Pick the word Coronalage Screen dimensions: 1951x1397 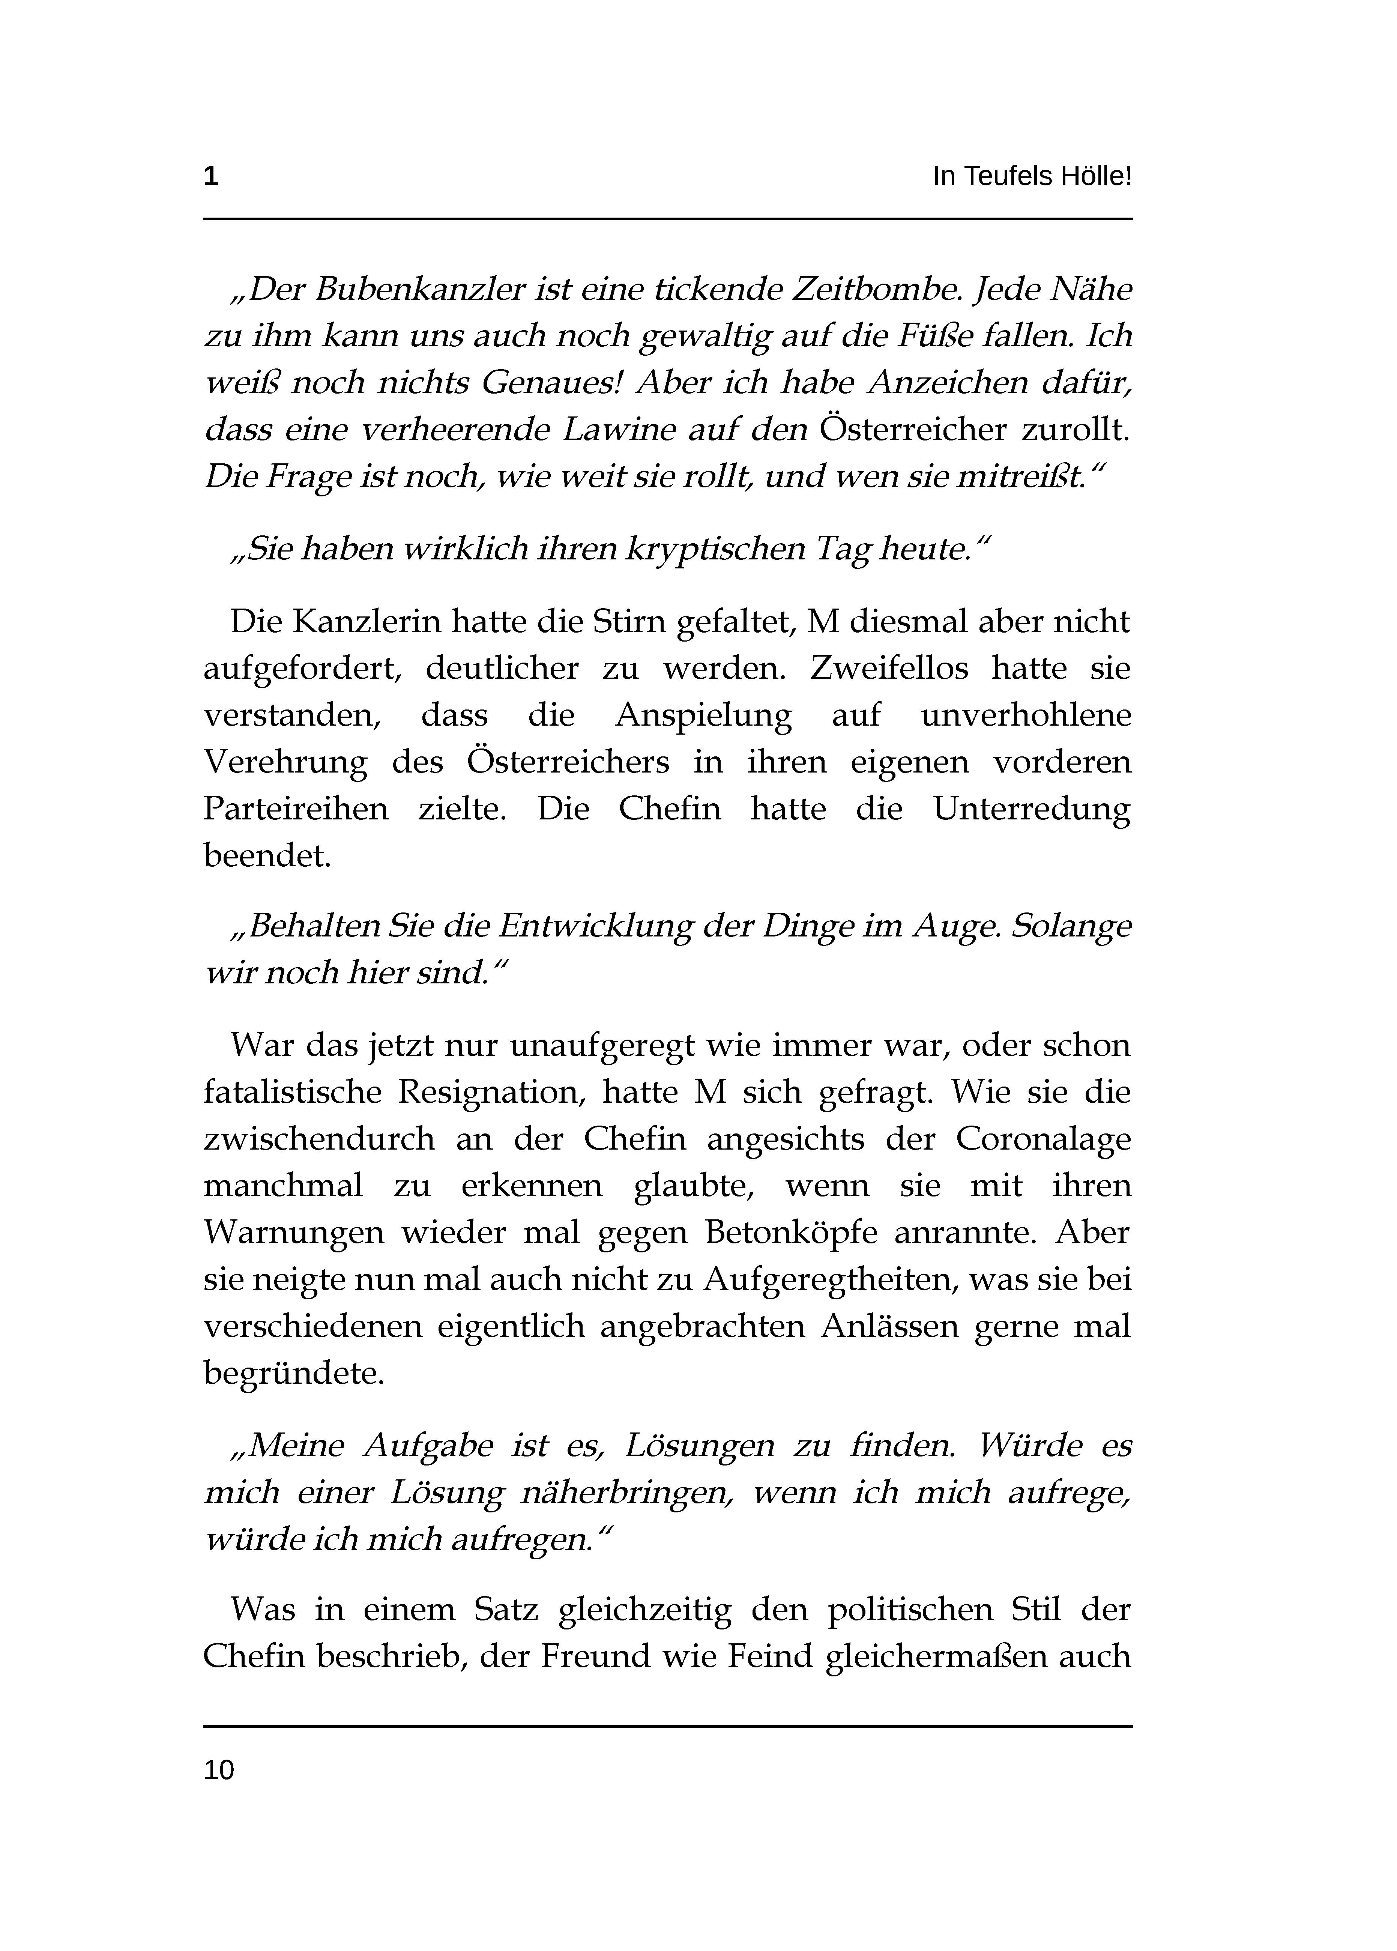tap(1042, 1140)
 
